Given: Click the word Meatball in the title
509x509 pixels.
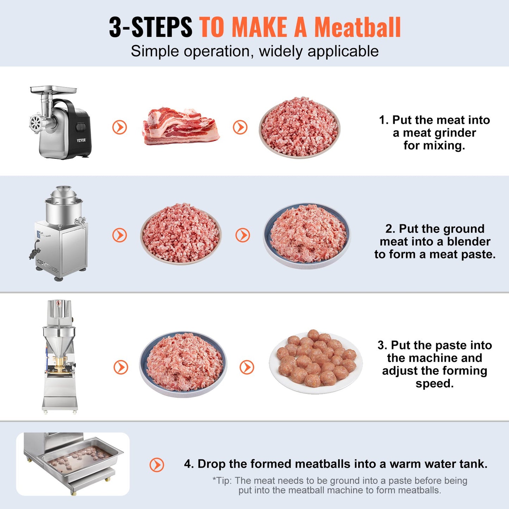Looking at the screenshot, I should (x=357, y=27).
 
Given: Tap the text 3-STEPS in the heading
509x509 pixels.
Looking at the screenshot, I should (x=150, y=27).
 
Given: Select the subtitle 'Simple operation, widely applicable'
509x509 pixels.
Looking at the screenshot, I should (x=255, y=51).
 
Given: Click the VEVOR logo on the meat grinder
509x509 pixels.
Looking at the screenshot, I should (x=81, y=140).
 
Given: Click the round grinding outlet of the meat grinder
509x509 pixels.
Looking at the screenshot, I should (x=36, y=123).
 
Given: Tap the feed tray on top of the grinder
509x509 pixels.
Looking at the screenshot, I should (x=53, y=89).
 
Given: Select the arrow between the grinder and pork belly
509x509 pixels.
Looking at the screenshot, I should (x=119, y=127).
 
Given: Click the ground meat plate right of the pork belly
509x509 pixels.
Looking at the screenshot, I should (x=299, y=128).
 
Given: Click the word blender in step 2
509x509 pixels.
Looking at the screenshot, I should (x=468, y=242).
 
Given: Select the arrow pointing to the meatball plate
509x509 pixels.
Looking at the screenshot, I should (x=247, y=367).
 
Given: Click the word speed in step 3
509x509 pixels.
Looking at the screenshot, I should (x=434, y=384).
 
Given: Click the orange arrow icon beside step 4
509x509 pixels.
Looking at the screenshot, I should (x=157, y=465).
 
